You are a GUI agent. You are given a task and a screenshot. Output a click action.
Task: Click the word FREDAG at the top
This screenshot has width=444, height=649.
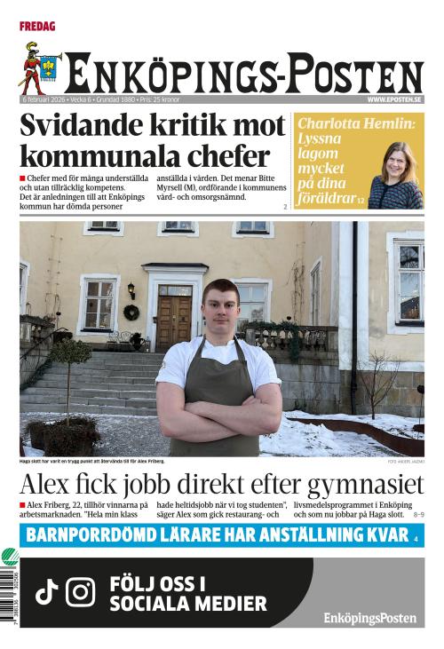(x=37, y=27)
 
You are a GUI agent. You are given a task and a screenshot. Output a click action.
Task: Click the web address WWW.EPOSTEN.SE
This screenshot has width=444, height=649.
(x=395, y=99)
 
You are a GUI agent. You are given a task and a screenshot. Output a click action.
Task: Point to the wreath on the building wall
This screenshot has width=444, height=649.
(x=131, y=313)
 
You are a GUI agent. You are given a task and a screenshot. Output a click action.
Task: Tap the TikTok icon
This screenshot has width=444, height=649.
(x=46, y=592)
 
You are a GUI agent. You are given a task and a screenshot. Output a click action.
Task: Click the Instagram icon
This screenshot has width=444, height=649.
(x=80, y=592)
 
